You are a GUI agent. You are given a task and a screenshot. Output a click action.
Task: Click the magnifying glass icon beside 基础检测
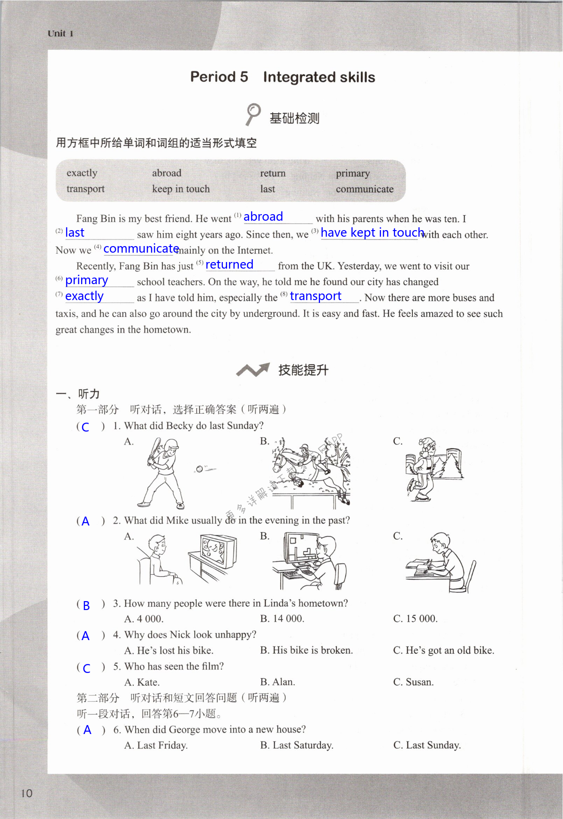pos(253,114)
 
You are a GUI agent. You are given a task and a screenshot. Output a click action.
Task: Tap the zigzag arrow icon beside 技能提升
pos(253,370)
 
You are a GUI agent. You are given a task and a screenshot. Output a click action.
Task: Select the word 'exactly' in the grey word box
pos(82,173)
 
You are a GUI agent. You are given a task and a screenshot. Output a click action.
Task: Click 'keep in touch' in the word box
pos(181,189)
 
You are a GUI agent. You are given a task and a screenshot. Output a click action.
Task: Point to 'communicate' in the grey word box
pos(365,189)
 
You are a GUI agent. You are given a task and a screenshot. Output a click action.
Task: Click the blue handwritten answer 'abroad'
pos(263,216)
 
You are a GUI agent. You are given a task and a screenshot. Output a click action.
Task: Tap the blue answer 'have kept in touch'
pos(372,232)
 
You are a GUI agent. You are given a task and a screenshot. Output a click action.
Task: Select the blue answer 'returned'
pos(229,264)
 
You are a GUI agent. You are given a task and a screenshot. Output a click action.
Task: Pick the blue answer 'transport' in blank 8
pos(315,296)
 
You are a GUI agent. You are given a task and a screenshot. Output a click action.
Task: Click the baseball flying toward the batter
pos(199,469)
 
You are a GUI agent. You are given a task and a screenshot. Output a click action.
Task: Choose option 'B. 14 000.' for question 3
pos(282,618)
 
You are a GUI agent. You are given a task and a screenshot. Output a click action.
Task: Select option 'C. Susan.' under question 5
pos(413,682)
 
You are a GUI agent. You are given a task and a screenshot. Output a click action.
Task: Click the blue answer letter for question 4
pos(85,636)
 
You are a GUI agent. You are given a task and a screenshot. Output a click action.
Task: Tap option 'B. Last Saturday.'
pos(297,745)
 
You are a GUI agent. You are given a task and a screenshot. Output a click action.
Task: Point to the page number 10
pos(27,793)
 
